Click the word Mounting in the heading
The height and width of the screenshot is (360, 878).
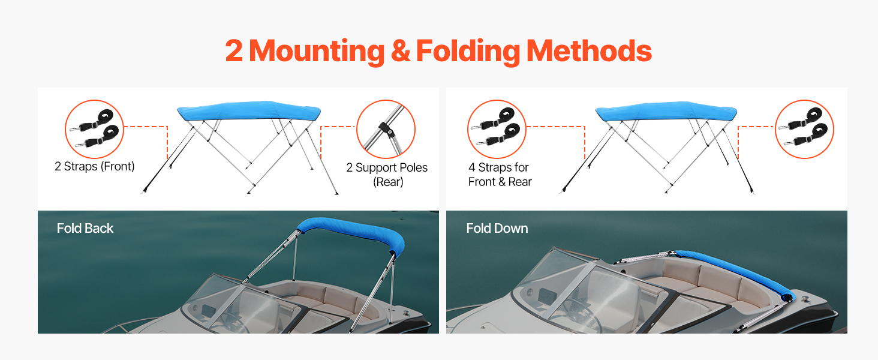(x=317, y=52)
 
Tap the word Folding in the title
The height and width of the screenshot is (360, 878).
(x=468, y=52)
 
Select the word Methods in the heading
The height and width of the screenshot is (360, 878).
(x=589, y=51)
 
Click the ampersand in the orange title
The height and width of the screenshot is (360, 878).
(x=400, y=52)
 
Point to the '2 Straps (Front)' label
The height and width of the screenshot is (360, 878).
(x=95, y=166)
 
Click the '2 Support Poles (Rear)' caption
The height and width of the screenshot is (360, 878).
(x=387, y=175)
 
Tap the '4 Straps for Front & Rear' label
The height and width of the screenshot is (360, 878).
(x=500, y=175)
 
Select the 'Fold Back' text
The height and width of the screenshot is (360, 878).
(x=85, y=228)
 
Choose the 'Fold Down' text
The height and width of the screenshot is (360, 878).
(x=497, y=228)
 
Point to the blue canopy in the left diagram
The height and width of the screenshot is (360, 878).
(x=248, y=110)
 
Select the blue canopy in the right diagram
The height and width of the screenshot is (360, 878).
(x=666, y=111)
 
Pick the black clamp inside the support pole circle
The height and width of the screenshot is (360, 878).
(x=386, y=129)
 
